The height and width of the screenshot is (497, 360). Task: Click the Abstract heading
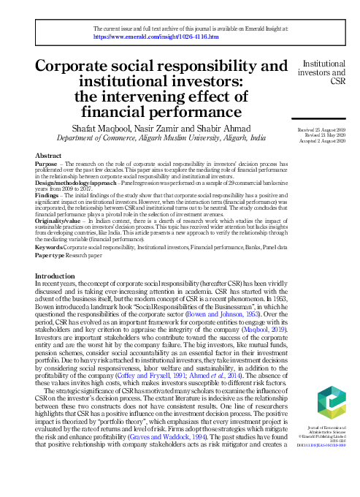click(49, 156)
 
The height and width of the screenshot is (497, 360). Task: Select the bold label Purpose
click(47, 165)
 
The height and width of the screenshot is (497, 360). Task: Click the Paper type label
click(53, 257)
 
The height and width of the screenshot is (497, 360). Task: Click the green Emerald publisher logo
click(322, 403)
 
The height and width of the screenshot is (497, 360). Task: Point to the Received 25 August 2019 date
click(318, 129)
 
